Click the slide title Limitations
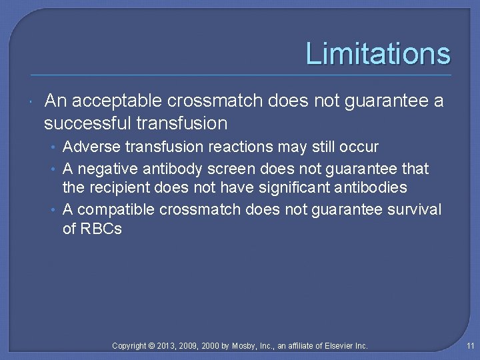pos(377,54)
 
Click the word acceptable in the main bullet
pos(117,101)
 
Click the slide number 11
pos(470,345)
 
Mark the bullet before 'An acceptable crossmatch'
pos(33,101)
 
